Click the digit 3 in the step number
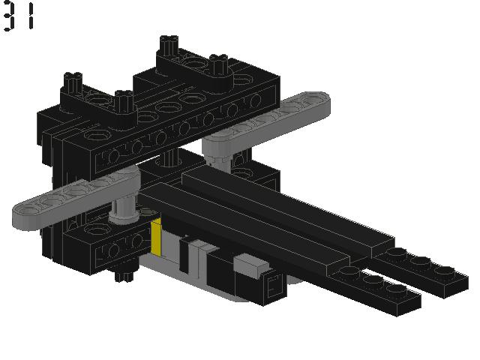point(9,16)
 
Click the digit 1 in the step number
point(31,16)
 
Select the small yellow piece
point(157,238)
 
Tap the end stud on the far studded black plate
point(447,271)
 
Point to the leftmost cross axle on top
point(73,79)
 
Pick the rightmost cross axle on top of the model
point(218,62)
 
